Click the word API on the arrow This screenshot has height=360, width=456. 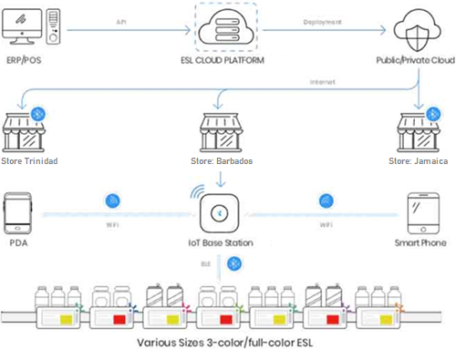point(121,19)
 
